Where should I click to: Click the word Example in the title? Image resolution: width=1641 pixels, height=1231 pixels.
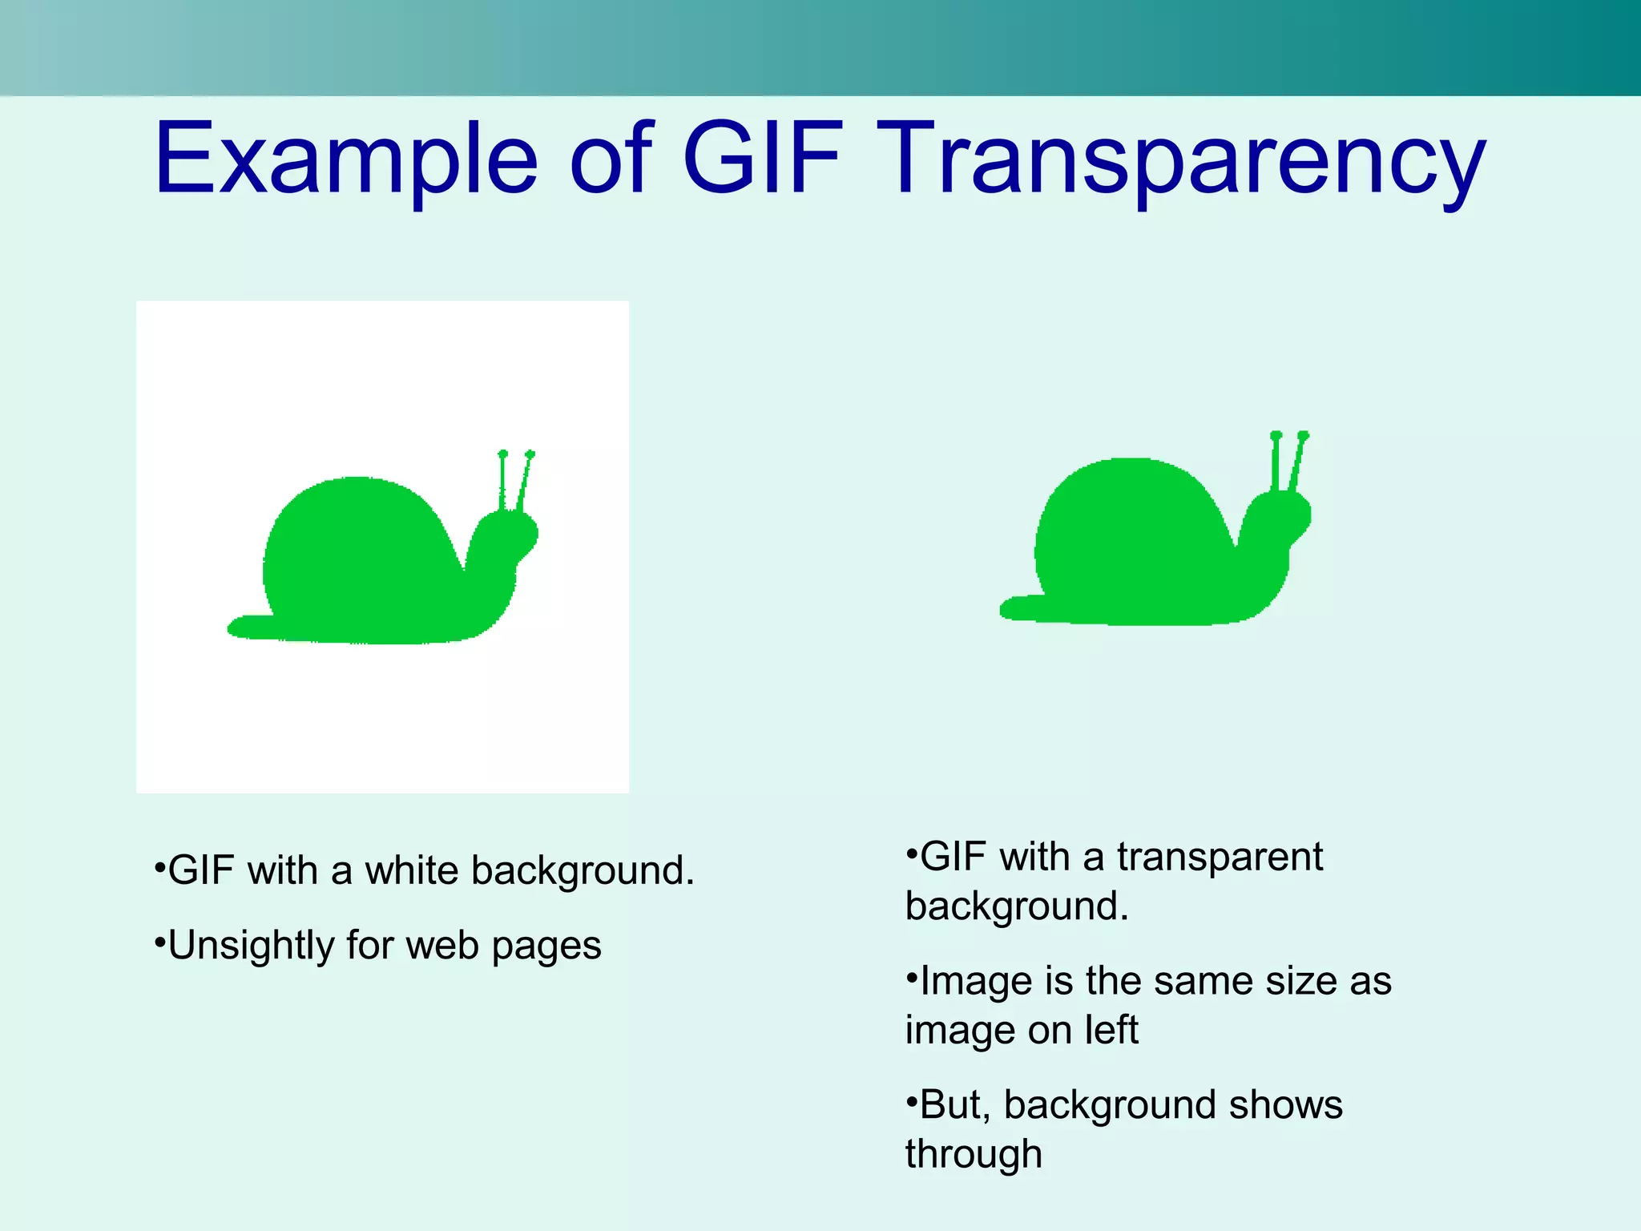[x=345, y=159]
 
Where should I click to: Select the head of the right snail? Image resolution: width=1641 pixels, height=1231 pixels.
[x=1277, y=517]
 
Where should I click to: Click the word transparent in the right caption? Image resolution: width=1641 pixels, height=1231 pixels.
[x=1220, y=857]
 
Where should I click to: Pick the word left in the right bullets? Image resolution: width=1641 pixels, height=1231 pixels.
[x=1112, y=1030]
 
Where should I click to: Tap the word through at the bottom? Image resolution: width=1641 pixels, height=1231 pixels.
[x=974, y=1155]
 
